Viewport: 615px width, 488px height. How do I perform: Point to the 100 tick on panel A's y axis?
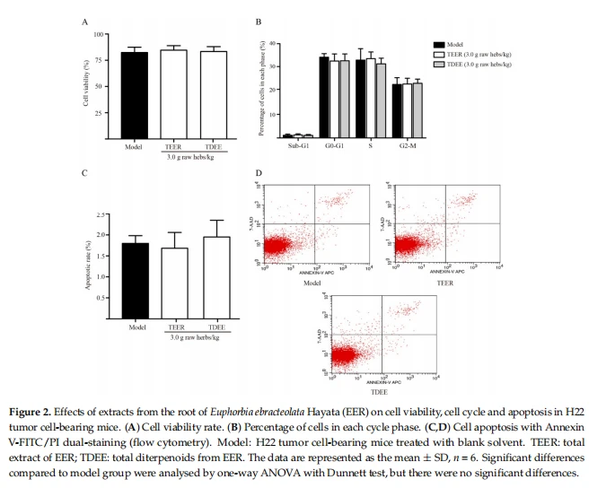click(x=98, y=34)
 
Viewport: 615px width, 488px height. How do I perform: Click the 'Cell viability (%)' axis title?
click(x=86, y=83)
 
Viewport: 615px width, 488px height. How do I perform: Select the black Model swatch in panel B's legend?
click(x=438, y=43)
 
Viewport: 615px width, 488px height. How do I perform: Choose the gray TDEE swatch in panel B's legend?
click(x=438, y=65)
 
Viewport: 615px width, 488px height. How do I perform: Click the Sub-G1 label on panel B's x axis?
click(x=298, y=146)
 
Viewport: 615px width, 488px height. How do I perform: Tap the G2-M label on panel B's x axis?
click(x=407, y=146)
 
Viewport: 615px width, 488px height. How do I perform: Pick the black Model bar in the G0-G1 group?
click(x=324, y=97)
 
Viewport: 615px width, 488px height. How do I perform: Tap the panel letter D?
click(x=259, y=172)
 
